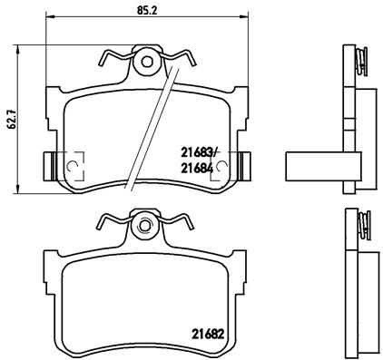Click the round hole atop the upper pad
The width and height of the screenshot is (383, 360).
145,62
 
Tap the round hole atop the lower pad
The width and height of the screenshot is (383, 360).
143,224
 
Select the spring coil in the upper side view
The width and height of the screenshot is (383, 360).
361,63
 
